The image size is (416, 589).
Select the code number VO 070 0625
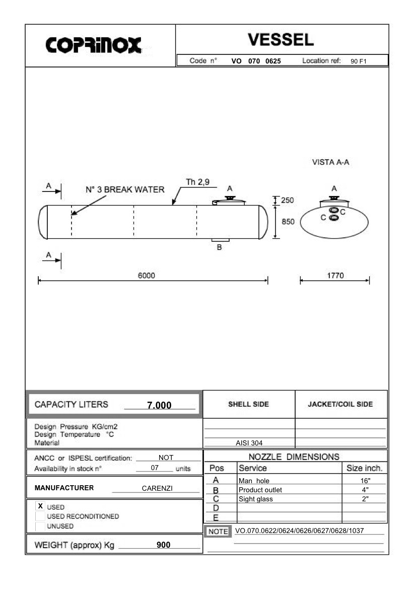click(x=256, y=61)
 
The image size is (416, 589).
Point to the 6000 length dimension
click(x=147, y=275)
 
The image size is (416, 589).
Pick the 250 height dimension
click(x=287, y=200)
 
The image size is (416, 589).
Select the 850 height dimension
click(x=287, y=221)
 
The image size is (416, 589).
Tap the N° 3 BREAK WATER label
click(x=125, y=190)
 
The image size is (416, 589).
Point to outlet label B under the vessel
click(x=219, y=247)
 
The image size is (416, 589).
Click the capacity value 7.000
click(x=159, y=405)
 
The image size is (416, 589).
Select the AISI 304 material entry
click(x=249, y=443)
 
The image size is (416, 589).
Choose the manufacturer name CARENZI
click(x=157, y=488)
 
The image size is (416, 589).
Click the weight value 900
click(x=163, y=545)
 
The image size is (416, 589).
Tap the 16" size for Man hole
click(x=365, y=481)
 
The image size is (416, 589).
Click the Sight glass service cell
click(x=255, y=499)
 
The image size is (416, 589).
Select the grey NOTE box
click(x=218, y=532)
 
